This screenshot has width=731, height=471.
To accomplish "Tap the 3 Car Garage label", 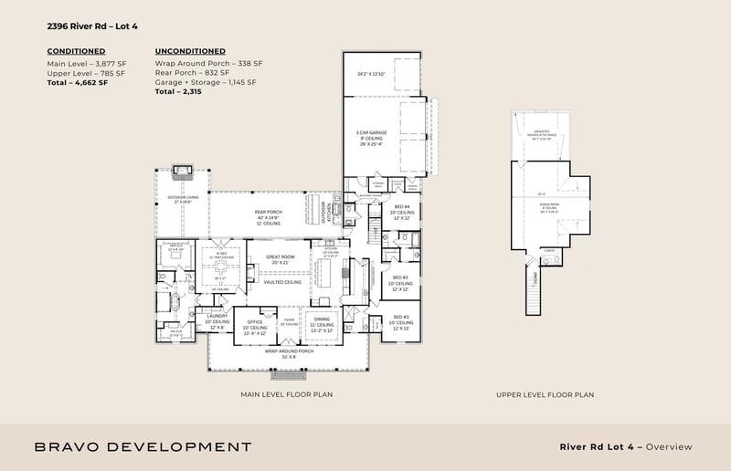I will point(371,131).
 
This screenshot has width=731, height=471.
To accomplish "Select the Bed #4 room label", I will point(402,207).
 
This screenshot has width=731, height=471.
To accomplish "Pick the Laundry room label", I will point(217,316).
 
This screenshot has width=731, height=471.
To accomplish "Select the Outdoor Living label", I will point(179,198).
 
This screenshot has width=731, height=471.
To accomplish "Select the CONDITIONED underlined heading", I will point(76,51).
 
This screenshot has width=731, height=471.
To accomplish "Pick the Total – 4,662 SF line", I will point(78,83).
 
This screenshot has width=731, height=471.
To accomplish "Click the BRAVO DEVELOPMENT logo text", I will point(143,446).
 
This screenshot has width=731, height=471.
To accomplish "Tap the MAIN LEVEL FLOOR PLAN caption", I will point(288,394).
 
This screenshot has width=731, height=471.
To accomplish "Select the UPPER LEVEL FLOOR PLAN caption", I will point(546,394).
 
